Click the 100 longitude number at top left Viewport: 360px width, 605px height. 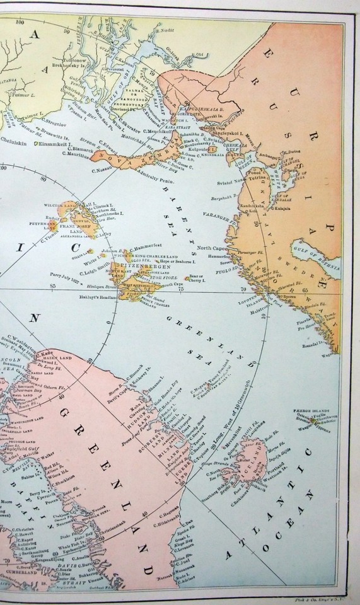21,21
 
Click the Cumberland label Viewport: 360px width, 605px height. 22,567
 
